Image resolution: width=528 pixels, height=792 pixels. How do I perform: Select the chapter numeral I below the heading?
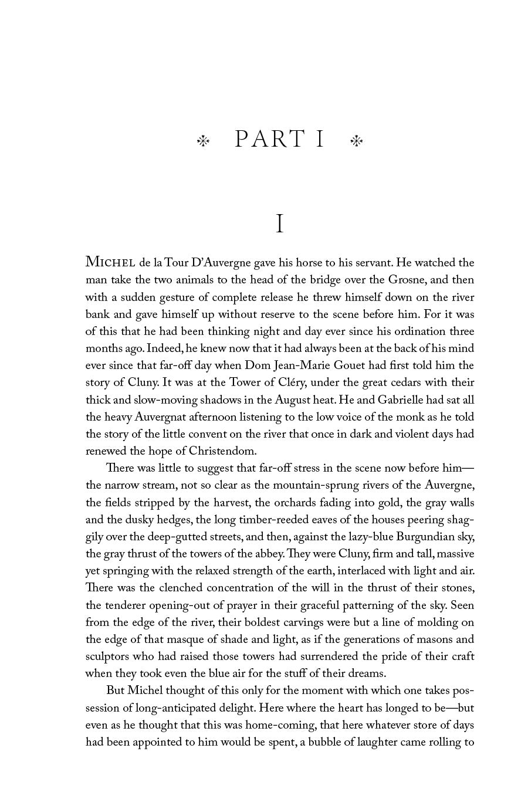point(280,224)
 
